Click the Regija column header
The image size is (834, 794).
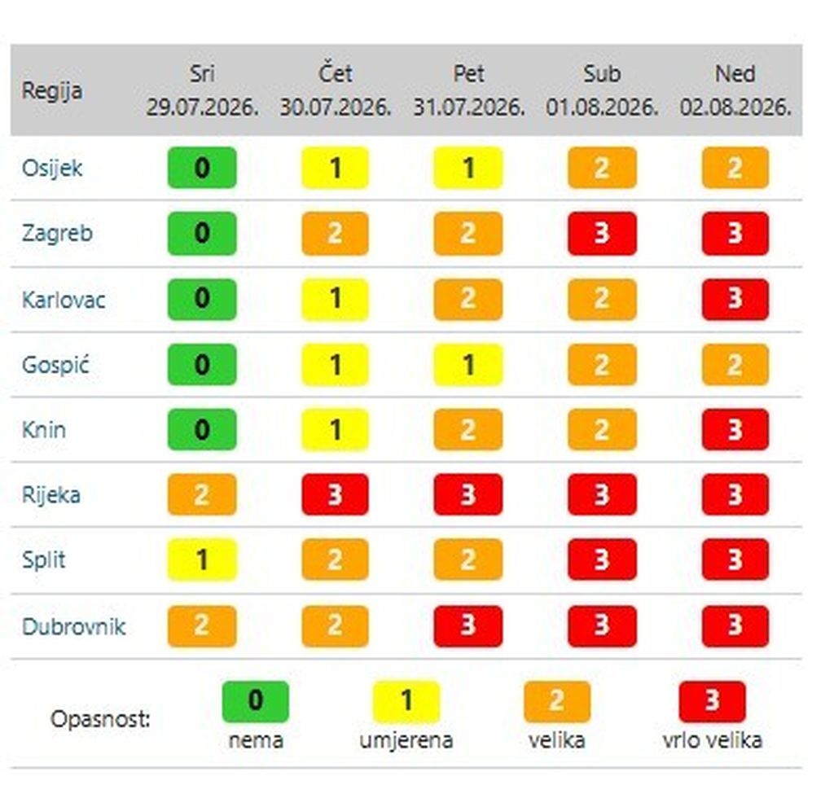click(x=51, y=90)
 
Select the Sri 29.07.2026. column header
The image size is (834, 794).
click(x=202, y=90)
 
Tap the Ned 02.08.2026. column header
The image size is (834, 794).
click(x=735, y=90)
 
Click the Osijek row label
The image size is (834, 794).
click(x=51, y=168)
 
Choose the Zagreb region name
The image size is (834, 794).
click(x=57, y=234)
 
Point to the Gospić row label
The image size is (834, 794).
click(x=55, y=365)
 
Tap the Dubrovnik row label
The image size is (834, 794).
click(x=73, y=626)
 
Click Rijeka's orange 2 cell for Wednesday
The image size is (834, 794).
click(x=202, y=494)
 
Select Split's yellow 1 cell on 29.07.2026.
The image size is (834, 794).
click(x=202, y=559)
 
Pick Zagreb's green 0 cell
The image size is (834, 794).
click(x=202, y=234)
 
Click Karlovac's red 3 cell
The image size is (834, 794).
click(x=735, y=299)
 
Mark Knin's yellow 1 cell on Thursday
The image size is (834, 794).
click(x=335, y=430)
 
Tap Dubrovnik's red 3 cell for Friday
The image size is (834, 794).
click(x=468, y=626)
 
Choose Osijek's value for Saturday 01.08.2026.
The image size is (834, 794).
click(x=602, y=168)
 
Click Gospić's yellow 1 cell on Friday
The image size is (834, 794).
click(x=468, y=365)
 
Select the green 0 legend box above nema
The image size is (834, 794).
click(x=255, y=701)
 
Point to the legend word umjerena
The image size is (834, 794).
click(x=406, y=740)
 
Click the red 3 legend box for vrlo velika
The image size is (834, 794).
click(x=712, y=701)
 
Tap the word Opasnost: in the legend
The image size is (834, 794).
click(x=100, y=720)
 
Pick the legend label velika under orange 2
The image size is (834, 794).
click(x=557, y=740)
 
